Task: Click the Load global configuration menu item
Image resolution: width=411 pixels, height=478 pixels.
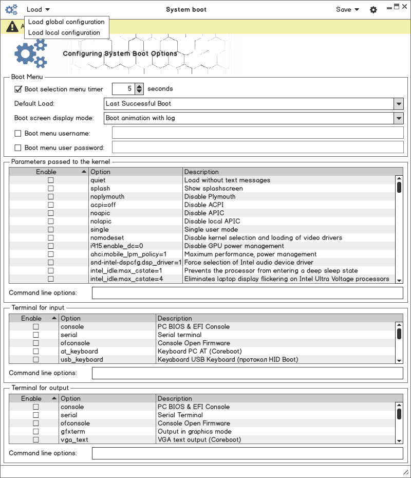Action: click(66, 22)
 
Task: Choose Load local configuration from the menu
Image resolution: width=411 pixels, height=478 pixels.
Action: click(64, 32)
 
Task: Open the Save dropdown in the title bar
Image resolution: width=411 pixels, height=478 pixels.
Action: click(347, 9)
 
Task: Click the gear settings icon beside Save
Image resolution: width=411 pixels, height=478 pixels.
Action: click(373, 10)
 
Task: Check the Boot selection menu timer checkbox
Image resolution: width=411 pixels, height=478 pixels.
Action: click(18, 89)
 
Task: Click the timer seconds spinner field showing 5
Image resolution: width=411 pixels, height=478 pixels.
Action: click(123, 89)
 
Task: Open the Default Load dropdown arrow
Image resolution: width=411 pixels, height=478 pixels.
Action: click(399, 104)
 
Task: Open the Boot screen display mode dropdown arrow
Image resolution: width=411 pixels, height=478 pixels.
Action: click(399, 118)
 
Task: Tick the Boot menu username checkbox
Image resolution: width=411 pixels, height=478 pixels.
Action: click(18, 133)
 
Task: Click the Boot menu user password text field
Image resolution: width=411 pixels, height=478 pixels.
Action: click(257, 148)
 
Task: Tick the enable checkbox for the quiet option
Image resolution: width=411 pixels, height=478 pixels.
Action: click(51, 180)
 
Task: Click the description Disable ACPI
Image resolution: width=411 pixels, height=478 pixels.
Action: click(204, 205)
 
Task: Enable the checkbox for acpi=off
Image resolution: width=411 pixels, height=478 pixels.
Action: click(51, 205)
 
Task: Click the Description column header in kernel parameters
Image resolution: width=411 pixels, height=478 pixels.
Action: click(201, 172)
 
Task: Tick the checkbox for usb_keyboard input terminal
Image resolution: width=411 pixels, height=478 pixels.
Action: click(36, 360)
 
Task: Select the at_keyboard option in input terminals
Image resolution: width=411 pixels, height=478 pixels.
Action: click(79, 352)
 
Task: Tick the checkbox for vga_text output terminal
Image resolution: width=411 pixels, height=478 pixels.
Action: click(36, 440)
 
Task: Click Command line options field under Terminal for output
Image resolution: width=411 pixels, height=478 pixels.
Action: click(247, 453)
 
